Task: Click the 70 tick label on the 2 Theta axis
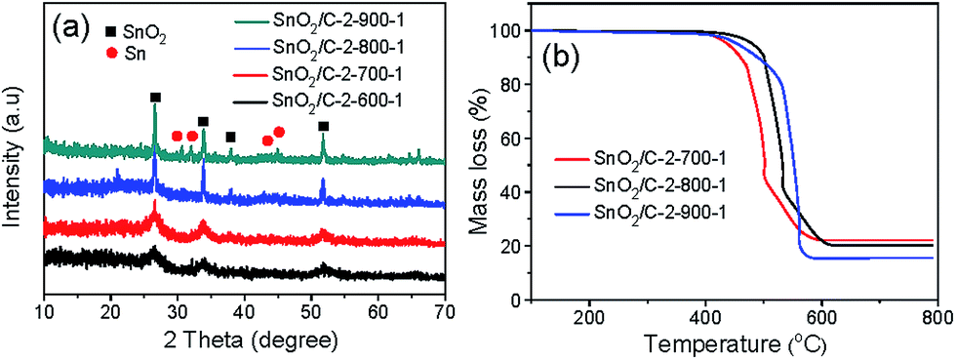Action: point(444,311)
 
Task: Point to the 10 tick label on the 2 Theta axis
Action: point(45,311)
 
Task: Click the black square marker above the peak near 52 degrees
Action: point(323,126)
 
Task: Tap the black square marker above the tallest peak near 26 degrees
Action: point(154,98)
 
